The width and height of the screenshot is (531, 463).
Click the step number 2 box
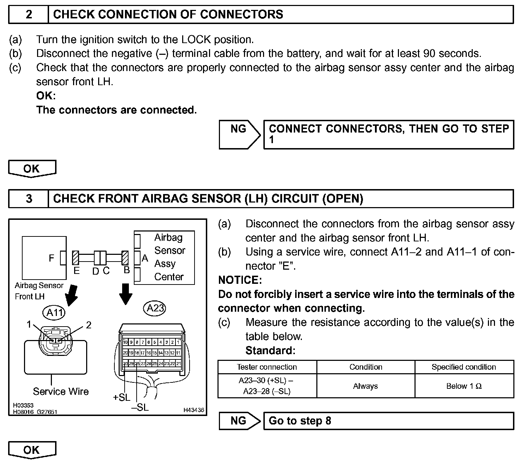29,14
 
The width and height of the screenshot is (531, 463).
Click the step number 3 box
29,199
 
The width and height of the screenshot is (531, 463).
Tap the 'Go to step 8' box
388,421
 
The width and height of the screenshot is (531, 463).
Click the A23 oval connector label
155,308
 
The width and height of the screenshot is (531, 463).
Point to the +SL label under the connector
121,397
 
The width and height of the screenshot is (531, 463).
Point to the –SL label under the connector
140,407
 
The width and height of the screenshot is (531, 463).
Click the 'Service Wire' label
61,391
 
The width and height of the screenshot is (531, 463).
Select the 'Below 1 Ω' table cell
464,386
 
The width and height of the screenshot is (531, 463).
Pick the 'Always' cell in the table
365,386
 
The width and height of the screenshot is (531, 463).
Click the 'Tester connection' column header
267,367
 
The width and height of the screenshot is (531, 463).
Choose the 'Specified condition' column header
464,367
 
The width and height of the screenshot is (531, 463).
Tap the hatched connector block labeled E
75,258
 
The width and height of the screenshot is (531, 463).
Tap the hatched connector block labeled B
125,258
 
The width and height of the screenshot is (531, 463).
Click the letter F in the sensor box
52,258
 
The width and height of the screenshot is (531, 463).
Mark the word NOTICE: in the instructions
240,280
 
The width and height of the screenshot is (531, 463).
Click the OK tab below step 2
32,168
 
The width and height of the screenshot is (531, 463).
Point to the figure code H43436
193,410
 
